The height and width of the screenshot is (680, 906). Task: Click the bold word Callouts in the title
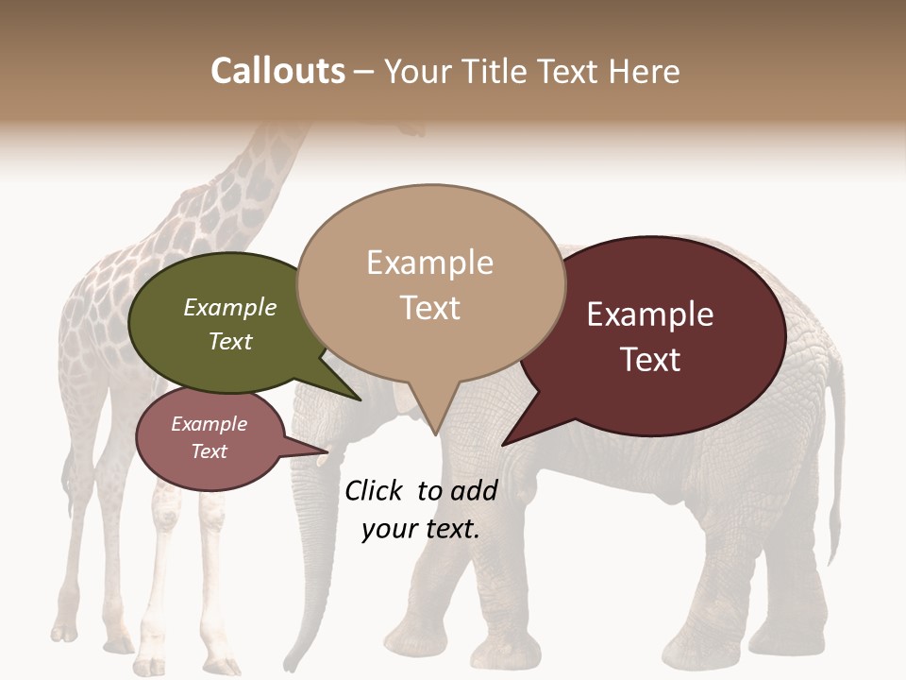coord(277,71)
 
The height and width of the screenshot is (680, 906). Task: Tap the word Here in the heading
coord(643,71)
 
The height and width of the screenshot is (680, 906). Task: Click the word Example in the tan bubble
coord(429,263)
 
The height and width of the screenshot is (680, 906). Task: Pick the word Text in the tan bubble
coord(429,308)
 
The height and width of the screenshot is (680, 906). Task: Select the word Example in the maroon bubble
coord(650,314)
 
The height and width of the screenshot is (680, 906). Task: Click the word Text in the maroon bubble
coord(650,360)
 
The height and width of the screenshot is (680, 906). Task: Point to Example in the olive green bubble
coord(230,307)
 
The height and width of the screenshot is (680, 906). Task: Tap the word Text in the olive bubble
coord(230,341)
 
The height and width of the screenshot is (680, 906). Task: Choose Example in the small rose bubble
coord(209,424)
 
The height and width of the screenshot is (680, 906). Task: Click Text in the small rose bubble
coord(209,450)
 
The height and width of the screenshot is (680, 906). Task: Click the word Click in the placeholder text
coord(376,490)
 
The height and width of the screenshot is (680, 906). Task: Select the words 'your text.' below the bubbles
coord(421,529)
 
